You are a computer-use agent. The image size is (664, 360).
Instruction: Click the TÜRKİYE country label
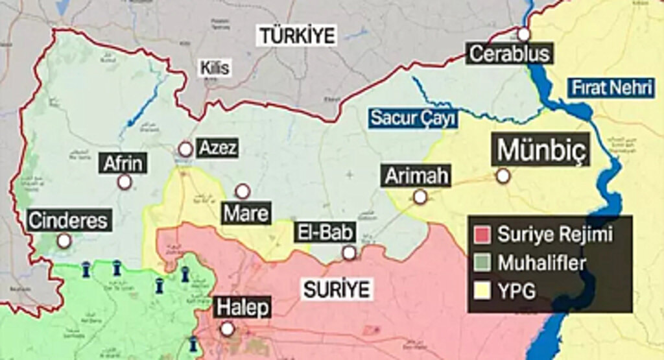(297, 35)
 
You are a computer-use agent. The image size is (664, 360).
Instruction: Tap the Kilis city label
(215, 67)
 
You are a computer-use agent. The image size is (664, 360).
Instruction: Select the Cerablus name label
(509, 53)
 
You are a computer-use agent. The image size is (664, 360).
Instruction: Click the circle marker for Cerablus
(523, 34)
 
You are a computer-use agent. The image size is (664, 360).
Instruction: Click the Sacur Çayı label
(413, 117)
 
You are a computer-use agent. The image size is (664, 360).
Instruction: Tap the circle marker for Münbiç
(503, 176)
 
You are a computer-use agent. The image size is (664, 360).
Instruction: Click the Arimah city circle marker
(420, 197)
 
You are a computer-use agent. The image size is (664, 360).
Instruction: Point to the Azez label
(216, 148)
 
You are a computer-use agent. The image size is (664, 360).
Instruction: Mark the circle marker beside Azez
(185, 149)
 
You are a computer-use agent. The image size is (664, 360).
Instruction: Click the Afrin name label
(123, 163)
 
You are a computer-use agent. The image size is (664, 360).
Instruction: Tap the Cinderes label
(67, 220)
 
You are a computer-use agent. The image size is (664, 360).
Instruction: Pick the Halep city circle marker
(227, 329)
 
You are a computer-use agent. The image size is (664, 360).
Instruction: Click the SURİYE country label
(336, 289)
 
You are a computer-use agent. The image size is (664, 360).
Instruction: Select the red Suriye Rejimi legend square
(482, 234)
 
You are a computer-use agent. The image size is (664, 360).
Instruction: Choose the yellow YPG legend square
(482, 291)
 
